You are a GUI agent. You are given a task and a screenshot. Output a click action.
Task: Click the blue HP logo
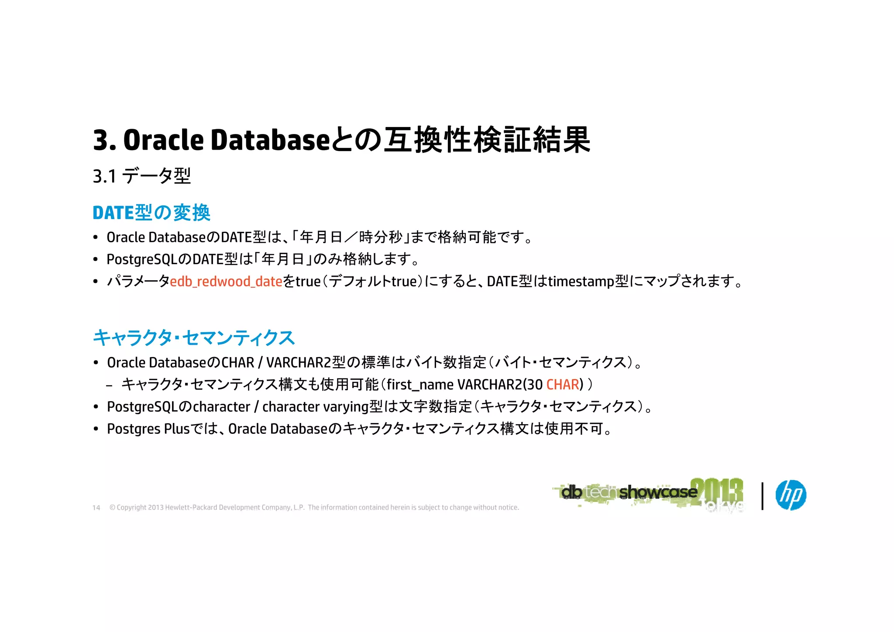[791, 495]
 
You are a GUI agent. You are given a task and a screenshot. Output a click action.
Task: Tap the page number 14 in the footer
[96, 508]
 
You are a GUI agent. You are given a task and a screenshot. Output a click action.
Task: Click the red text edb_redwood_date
[226, 282]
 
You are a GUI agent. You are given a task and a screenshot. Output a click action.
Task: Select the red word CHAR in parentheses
[562, 385]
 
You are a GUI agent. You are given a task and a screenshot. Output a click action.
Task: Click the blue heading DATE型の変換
[151, 213]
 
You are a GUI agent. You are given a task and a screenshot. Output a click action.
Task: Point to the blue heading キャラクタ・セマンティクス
[194, 338]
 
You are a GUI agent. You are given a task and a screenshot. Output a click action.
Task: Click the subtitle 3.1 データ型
[142, 176]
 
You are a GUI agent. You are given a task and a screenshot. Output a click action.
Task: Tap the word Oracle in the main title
[164, 140]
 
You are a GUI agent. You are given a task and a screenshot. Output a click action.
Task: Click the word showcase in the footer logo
[658, 492]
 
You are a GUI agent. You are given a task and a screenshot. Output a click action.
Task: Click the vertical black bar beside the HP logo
[762, 496]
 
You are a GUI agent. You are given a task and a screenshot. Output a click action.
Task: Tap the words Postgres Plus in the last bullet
[148, 429]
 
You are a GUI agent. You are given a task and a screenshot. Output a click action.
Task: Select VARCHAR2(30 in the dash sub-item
[500, 385]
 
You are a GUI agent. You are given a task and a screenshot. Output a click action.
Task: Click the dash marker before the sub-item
[109, 385]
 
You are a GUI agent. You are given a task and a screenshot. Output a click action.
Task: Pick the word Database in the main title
[270, 140]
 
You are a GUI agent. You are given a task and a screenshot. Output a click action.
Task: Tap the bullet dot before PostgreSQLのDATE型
[96, 260]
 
